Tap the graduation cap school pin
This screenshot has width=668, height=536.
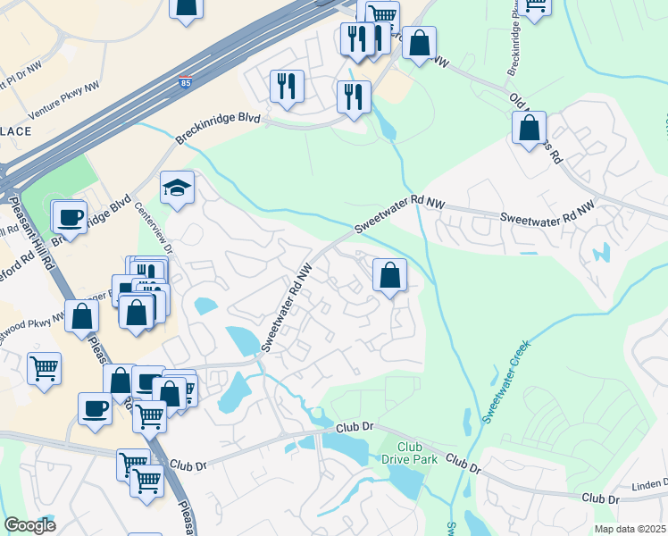[177, 188]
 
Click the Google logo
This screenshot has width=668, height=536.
[29, 525]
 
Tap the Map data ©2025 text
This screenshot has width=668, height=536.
[630, 529]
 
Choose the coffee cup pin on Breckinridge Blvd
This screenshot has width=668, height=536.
[70, 216]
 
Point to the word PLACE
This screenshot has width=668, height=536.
[15, 130]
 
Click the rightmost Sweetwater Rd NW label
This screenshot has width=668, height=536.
[547, 213]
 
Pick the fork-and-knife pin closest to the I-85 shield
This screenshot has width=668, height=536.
[286, 86]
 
